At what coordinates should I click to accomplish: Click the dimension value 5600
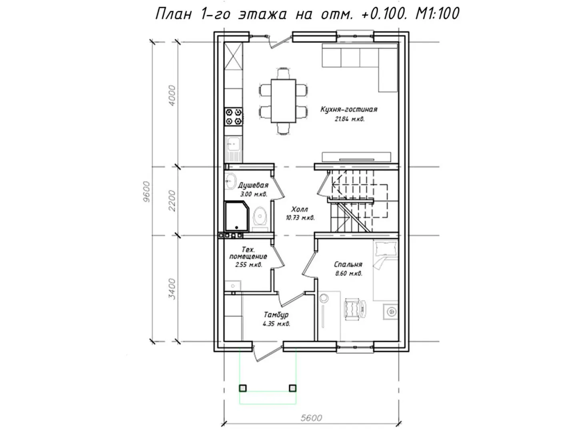coord(311,418)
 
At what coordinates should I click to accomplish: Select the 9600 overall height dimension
coord(147,192)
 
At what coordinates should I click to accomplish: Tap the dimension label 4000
coord(172,96)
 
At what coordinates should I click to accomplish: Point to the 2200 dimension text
coord(172,201)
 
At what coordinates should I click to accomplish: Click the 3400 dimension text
coord(172,288)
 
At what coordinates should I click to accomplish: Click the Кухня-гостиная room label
coord(349,109)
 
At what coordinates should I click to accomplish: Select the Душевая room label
coord(253,185)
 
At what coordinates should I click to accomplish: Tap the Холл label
coord(300,209)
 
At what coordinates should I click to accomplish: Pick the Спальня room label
coord(348,264)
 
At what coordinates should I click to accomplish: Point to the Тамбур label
coord(276,314)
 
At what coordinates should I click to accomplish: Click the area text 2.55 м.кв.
coord(248,265)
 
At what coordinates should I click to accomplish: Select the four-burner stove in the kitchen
coord(234,117)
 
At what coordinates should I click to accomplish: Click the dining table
coord(284,101)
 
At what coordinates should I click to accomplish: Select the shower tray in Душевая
coord(237,216)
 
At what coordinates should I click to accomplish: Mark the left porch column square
coord(243,388)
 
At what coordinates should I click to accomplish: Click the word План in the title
coord(174,14)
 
